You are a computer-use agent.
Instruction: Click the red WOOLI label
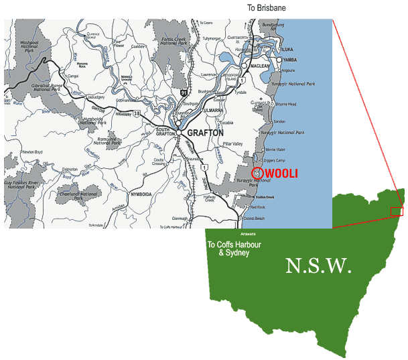pos(281,174)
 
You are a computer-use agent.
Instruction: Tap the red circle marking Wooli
pos(258,172)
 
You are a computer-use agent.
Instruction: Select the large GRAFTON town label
pos(205,133)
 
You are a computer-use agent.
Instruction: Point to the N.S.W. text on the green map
pos(318,266)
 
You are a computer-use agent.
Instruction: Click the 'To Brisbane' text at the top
pos(266,8)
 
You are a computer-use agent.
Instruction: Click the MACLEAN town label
pos(261,66)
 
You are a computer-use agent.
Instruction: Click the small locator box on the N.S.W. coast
pos(397,212)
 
